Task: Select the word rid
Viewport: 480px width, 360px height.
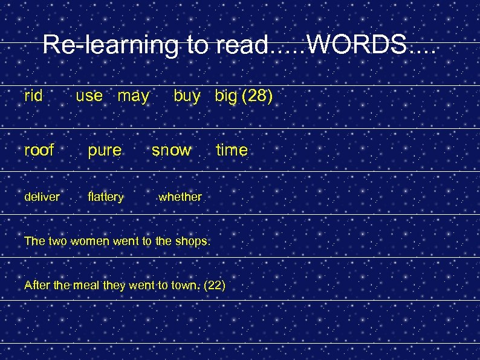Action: point(33,96)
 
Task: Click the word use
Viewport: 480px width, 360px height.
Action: point(89,96)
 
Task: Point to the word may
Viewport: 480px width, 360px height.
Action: point(133,96)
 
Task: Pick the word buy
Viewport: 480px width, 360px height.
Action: point(187,96)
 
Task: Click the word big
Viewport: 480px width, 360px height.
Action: point(225,96)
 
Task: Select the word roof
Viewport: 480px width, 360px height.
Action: point(39,149)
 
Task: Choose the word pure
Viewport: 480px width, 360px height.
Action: point(105,150)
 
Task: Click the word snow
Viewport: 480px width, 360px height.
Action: point(171,149)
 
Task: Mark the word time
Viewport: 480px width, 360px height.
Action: point(232,149)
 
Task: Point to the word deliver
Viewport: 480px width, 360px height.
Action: point(42,196)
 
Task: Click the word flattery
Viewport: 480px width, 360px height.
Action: point(106,197)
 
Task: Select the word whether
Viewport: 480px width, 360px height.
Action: point(180,196)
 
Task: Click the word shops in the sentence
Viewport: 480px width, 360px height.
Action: point(192,241)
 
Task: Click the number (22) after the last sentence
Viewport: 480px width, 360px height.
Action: point(215,285)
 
